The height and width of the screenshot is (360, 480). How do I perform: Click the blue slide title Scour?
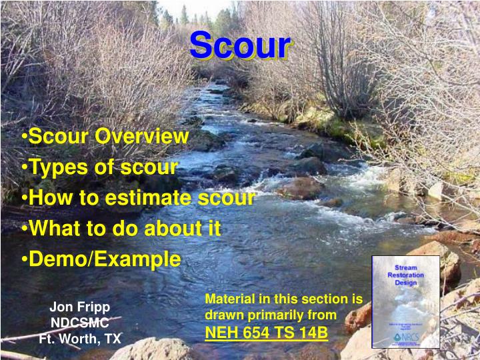pyautogui.click(x=240, y=46)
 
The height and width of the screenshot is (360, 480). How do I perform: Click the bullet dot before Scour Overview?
pyautogui.click(x=24, y=137)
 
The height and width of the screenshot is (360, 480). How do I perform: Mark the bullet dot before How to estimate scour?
pyautogui.click(x=24, y=199)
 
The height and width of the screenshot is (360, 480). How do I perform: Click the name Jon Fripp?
pyautogui.click(x=79, y=307)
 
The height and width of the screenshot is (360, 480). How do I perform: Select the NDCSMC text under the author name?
pyautogui.click(x=79, y=323)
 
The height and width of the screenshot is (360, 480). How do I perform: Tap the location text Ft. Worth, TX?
pyautogui.click(x=80, y=339)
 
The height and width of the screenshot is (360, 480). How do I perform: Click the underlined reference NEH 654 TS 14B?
pyautogui.click(x=266, y=331)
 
